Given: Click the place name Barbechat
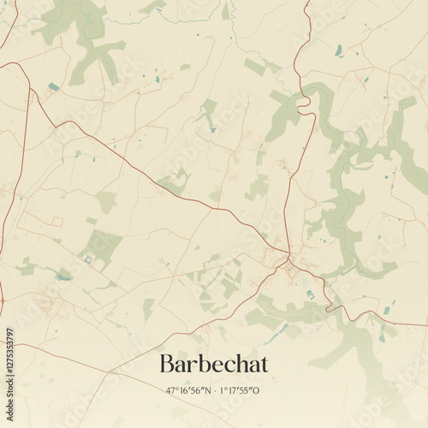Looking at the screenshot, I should [x=213, y=364].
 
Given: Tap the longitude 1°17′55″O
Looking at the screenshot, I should [x=240, y=390].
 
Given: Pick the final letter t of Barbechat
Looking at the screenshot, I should [x=264, y=364].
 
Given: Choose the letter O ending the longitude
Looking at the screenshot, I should [x=257, y=390].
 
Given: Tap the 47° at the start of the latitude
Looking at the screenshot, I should [x=172, y=390].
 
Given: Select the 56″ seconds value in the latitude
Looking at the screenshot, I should [x=198, y=390].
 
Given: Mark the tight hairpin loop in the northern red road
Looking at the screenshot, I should [x=303, y=102].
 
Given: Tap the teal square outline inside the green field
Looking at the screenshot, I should [x=86, y=259].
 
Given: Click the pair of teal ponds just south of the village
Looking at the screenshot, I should [x=310, y=294].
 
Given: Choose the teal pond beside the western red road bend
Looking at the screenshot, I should [x=54, y=86].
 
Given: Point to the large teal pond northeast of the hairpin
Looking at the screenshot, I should [x=339, y=50].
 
